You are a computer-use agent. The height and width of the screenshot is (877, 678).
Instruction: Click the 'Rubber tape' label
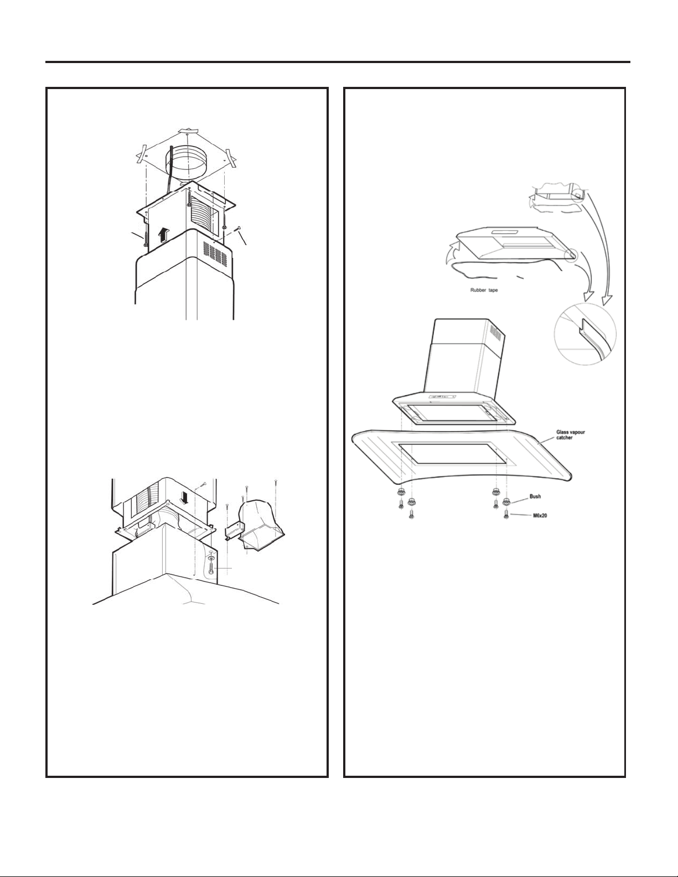point(484,290)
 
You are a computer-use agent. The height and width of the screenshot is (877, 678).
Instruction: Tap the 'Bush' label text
point(535,496)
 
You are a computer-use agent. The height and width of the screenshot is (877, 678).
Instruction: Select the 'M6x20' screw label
point(540,515)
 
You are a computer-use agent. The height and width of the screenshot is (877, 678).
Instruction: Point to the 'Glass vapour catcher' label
point(571,435)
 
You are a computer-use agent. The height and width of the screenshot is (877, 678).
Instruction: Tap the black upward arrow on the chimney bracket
point(163,234)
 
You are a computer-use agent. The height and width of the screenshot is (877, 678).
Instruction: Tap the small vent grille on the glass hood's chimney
point(495,333)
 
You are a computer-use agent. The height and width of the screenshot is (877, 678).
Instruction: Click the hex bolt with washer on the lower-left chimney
point(211,567)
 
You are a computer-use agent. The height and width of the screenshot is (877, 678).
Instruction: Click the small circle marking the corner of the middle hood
point(571,255)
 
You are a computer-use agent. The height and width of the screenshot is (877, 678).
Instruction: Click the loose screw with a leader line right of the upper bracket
point(238,229)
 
